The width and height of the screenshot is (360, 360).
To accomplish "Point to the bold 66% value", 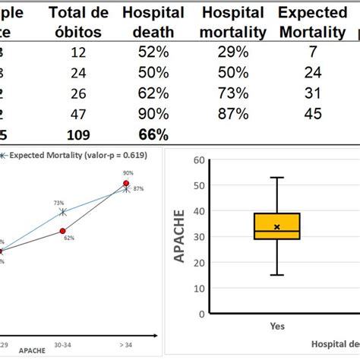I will tap(153, 134).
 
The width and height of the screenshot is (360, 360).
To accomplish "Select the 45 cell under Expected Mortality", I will tap(312, 113).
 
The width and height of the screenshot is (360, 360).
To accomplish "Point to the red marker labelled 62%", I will tap(63, 230).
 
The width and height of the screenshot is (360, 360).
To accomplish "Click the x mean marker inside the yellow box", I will tap(277, 227).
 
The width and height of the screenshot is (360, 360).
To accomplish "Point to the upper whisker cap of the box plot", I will tap(277, 178).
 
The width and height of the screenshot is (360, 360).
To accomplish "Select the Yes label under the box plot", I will tap(277, 326).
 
